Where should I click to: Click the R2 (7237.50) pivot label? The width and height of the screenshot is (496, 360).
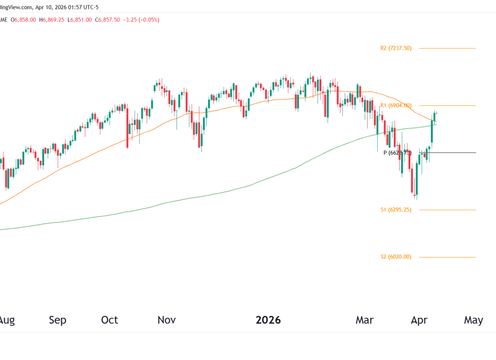pos(396,48)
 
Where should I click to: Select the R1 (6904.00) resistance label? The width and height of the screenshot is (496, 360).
pos(396,105)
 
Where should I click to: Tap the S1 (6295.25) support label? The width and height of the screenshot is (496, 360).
pos(396,210)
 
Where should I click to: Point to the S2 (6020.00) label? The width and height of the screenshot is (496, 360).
pos(396,257)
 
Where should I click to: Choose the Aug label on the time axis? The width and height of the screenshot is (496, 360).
pos(6,320)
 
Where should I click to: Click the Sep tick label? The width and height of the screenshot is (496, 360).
pos(57,320)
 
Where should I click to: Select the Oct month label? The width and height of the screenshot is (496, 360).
pos(110,320)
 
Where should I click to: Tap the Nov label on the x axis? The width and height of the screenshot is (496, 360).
pos(166,320)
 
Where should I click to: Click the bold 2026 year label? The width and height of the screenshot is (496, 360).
pos(268,320)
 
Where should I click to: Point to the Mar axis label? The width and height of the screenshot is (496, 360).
pos(365,320)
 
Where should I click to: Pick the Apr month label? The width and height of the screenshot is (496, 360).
pos(419,320)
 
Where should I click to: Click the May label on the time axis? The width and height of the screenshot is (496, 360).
pos(474,320)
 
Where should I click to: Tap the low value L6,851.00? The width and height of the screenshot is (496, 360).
pos(80,20)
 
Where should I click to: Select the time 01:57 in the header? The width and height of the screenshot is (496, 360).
pos(70,6)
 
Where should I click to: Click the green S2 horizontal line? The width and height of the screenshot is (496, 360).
pos(447,257)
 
